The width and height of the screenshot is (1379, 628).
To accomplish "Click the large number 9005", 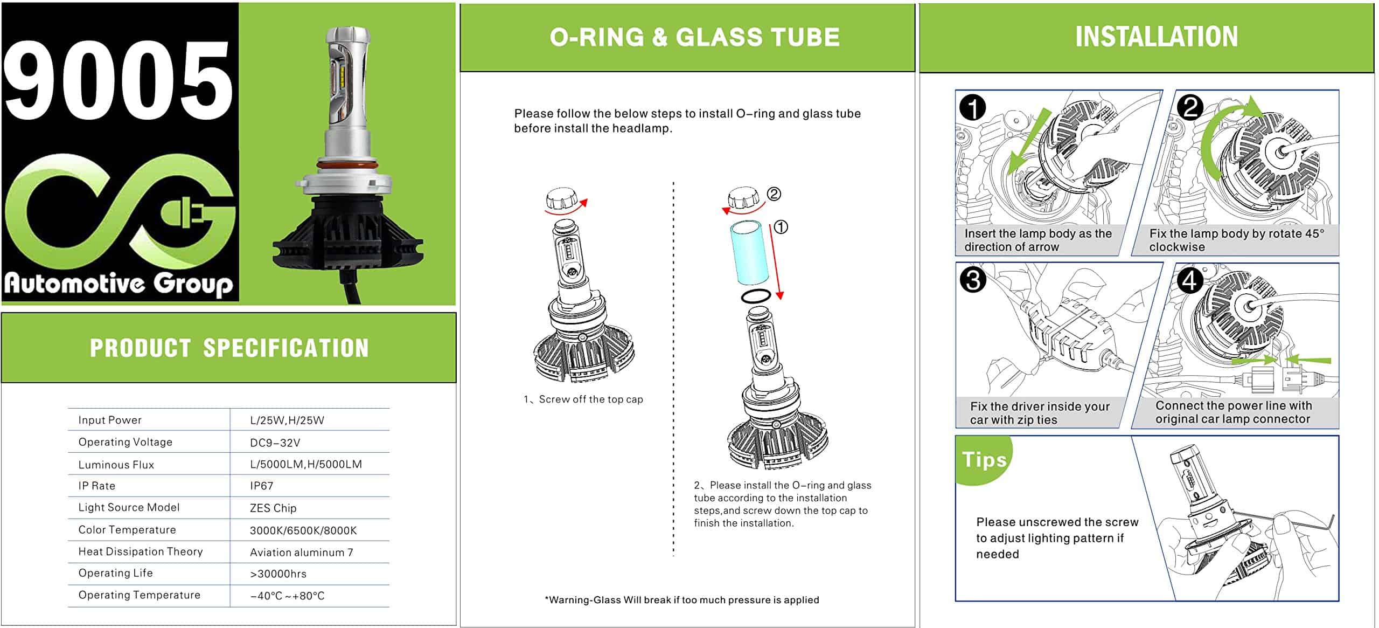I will (119, 81).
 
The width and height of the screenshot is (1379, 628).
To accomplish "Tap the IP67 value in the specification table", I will (261, 486).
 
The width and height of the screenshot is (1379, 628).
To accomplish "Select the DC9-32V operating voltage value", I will (275, 443).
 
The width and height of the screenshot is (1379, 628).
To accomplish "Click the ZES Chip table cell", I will (273, 508).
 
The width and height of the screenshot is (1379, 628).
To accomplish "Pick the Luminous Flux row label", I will (116, 465).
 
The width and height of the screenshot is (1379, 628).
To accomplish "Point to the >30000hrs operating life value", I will (278, 574).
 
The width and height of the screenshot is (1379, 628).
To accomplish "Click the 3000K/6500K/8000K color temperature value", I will (303, 530).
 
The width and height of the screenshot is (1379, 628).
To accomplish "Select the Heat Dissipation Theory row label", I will (141, 551).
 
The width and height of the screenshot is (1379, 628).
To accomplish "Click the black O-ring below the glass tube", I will (756, 296).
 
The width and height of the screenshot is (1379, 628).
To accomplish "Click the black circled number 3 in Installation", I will (973, 280).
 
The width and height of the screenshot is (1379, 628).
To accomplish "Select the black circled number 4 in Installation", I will (1189, 280).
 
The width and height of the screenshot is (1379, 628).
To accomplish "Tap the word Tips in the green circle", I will (984, 460).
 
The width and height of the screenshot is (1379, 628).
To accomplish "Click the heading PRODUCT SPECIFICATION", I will (229, 348).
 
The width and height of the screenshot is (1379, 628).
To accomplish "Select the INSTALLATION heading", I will (1156, 37).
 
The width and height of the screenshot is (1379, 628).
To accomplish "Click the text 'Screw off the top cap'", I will (590, 399).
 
